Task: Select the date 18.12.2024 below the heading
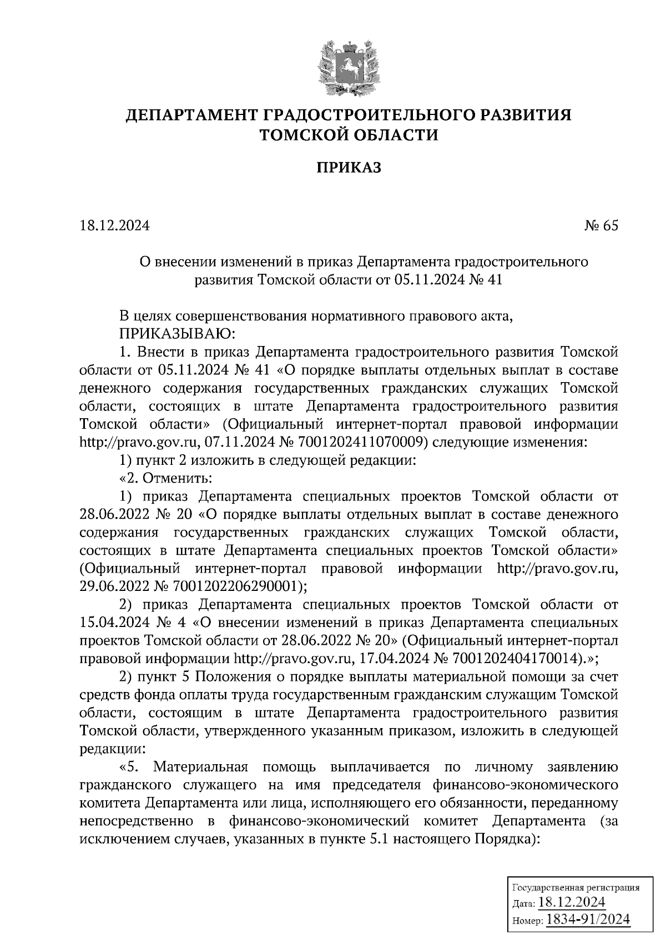(114, 225)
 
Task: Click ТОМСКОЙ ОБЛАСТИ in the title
(349, 134)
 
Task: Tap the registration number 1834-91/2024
(588, 919)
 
